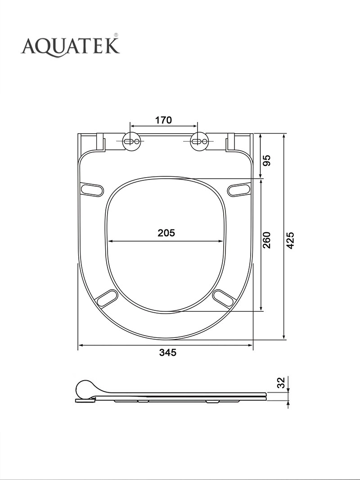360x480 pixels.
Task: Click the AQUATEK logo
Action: (70, 45)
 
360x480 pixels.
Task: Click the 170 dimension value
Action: (163, 120)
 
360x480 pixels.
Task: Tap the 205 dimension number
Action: (166, 233)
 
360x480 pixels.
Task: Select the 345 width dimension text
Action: (168, 353)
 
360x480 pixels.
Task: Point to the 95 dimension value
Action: (267, 161)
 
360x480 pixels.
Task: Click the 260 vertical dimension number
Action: (267, 240)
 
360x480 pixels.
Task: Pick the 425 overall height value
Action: (291, 240)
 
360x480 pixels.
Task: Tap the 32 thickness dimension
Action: (281, 383)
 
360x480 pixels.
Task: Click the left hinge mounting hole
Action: (132, 141)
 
